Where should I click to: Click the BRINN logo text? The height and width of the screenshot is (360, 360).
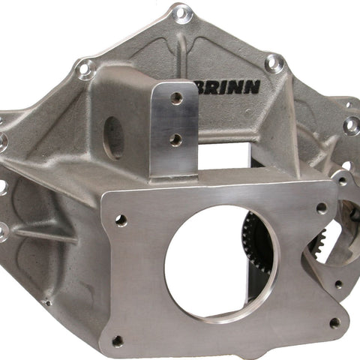228,88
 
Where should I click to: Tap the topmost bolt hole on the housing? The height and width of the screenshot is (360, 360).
183,13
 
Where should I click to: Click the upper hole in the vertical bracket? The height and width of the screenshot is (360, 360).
176,98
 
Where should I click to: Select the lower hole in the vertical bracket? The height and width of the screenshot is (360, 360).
176,140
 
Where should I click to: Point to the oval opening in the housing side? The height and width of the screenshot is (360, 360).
114,138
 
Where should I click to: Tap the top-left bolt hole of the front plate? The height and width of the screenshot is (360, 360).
121,220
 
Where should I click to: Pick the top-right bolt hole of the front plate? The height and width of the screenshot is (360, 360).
321,208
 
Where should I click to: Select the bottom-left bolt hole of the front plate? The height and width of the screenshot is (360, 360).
118,341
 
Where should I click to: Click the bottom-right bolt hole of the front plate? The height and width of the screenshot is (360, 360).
334,323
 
